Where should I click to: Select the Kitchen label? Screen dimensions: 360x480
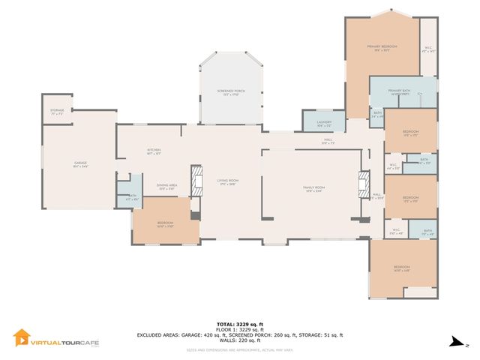tap(154, 151)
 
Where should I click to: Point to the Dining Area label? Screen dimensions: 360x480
tap(166, 187)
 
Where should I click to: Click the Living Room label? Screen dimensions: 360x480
tap(228, 181)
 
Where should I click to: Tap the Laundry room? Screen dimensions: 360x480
tap(324, 123)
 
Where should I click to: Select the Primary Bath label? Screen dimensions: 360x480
tap(400, 93)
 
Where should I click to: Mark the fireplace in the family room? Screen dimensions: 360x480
tap(364, 182)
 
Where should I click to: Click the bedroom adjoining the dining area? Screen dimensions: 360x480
tap(166, 223)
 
